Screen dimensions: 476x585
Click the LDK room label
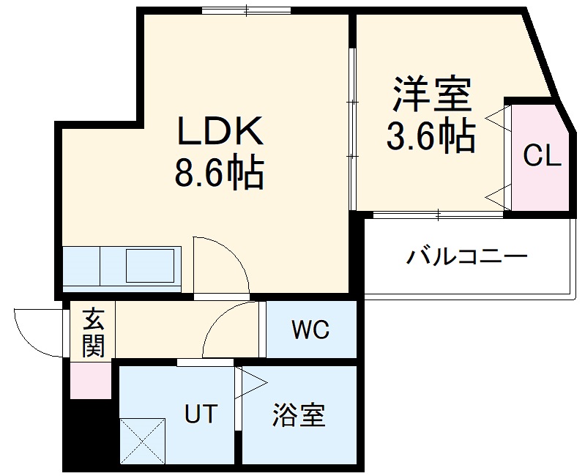218,132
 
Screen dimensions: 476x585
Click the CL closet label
542,155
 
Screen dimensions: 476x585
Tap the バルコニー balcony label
467,258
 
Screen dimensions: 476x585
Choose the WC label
310,331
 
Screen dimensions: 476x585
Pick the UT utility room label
200,414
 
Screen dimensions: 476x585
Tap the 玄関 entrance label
93,332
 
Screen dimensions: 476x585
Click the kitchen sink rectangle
150,265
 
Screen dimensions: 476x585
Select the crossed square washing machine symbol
142,439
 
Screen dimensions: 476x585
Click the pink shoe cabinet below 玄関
91,379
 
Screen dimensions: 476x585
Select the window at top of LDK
246,10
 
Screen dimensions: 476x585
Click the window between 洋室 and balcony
438,215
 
